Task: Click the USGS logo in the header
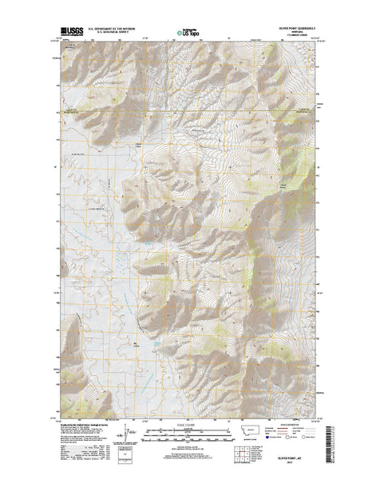tap(68, 32)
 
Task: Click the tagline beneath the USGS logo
tap(68, 38)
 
